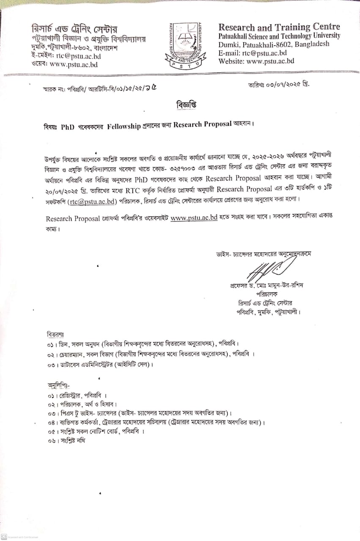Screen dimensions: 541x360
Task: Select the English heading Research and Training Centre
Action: (279, 27)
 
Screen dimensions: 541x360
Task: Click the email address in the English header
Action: (264, 53)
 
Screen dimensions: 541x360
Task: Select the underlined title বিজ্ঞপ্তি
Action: (187, 104)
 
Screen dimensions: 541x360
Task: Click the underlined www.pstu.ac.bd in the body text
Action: (194, 218)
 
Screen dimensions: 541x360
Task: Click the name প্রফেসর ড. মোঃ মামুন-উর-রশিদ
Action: (267, 285)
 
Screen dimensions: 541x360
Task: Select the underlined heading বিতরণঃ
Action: (55, 334)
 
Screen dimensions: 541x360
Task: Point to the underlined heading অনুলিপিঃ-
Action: (58, 385)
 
